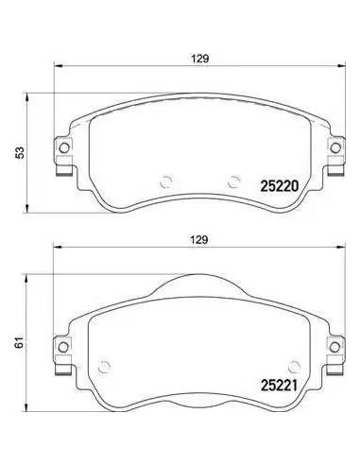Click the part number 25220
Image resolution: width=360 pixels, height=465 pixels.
(x=279, y=186)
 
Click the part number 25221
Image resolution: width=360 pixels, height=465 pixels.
(x=279, y=385)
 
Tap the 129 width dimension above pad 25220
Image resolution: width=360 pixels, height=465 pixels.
(x=200, y=59)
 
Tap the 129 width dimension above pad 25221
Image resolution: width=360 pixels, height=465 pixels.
(x=199, y=240)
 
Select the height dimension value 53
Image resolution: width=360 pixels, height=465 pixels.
(x=20, y=153)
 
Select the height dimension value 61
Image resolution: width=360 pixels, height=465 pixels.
(x=20, y=342)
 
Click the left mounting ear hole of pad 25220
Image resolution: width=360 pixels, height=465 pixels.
(x=64, y=147)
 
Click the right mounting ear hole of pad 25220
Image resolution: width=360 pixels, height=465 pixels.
(x=335, y=147)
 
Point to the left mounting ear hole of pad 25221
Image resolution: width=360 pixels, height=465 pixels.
(x=63, y=347)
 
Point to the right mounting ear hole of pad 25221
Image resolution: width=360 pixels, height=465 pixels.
(x=334, y=347)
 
